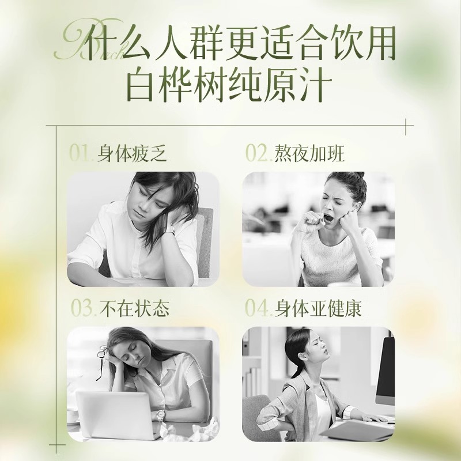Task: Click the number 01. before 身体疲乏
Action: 81,153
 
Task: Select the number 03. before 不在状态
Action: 84,308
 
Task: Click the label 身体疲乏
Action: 132,153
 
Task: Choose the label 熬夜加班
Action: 309,153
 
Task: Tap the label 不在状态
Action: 135,308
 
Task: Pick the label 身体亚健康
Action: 318,308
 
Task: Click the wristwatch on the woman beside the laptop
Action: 161,415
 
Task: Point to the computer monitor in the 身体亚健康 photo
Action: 385,372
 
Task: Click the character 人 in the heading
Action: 171,43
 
